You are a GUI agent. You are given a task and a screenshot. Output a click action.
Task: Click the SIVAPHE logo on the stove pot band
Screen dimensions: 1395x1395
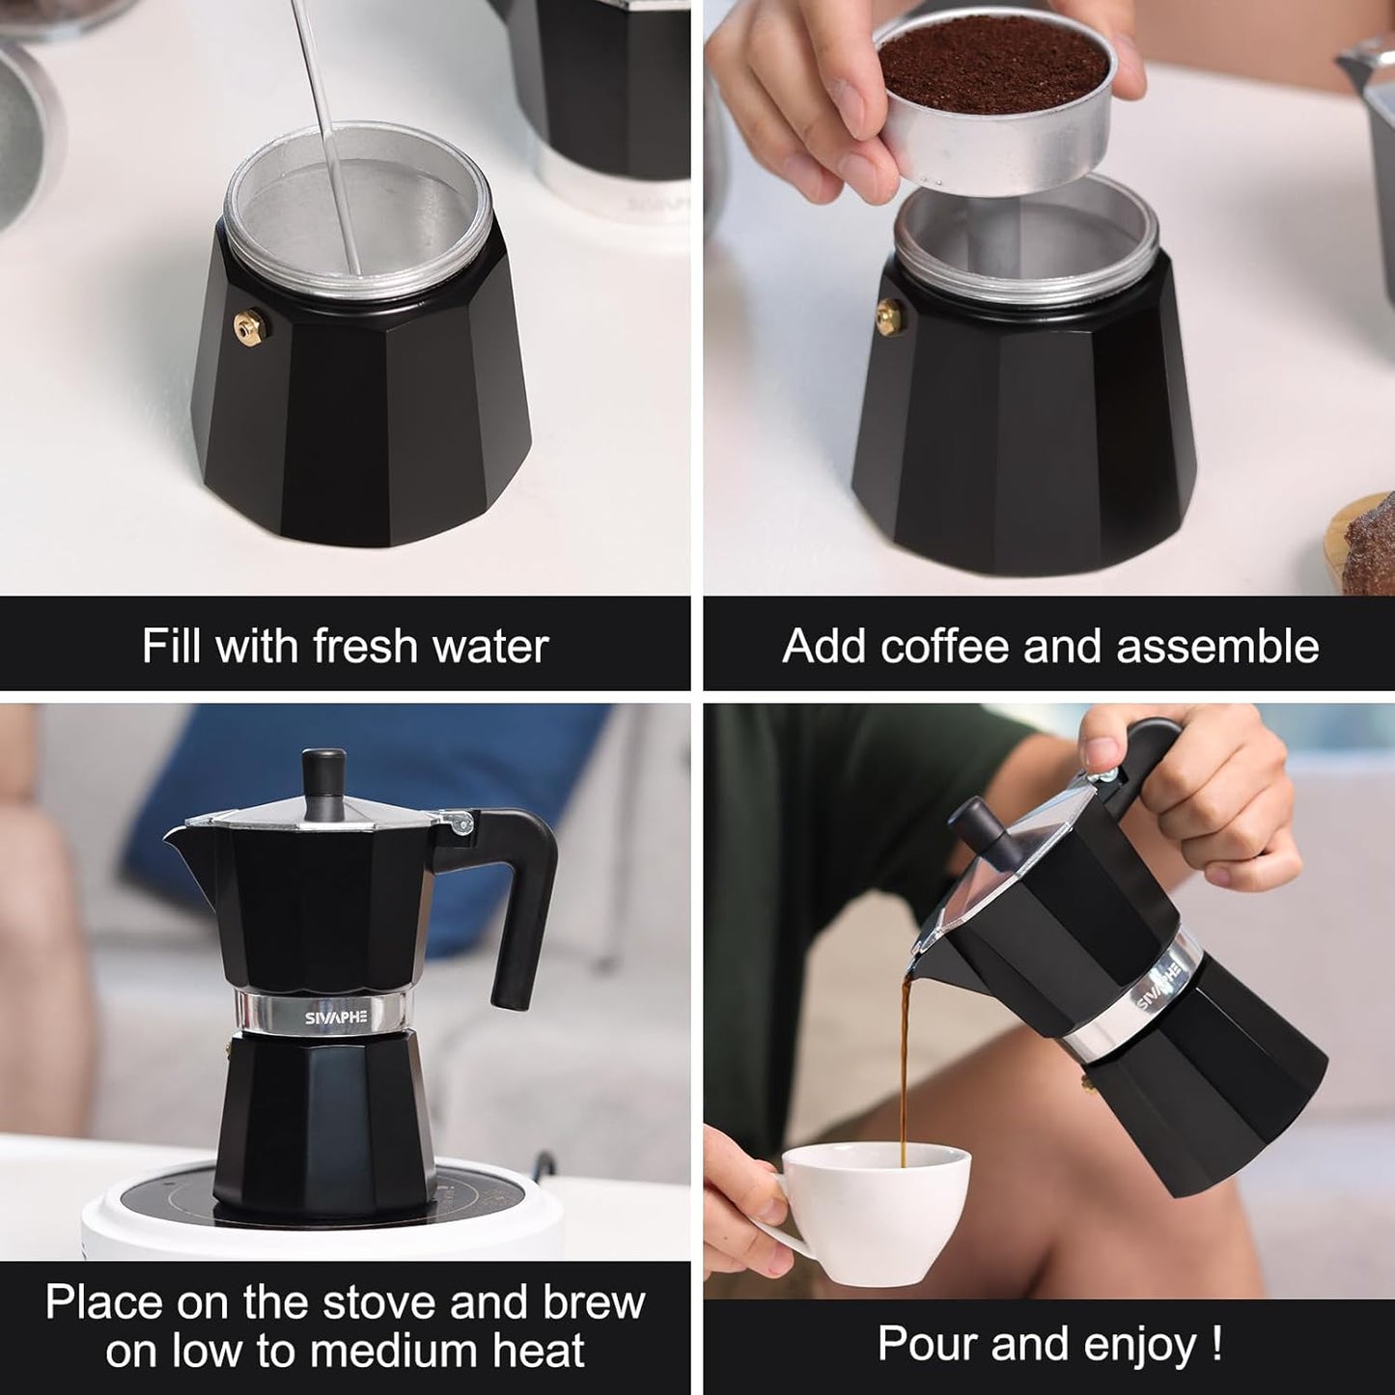[336, 1018]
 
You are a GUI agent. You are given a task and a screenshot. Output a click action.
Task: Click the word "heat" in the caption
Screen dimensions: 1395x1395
[539, 1350]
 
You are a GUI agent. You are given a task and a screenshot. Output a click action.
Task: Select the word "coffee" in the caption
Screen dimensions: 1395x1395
[944, 645]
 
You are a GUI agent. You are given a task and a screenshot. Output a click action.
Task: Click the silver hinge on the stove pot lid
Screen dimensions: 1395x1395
[460, 822]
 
